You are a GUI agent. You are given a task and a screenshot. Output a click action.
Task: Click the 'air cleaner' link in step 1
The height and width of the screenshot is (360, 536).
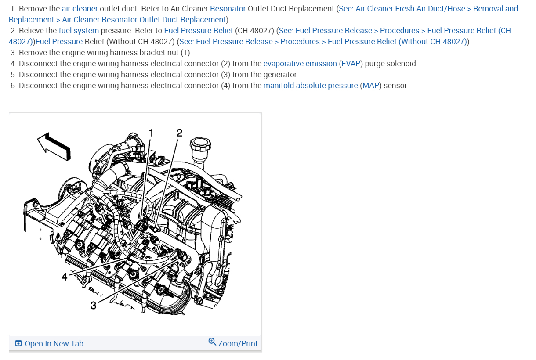[x=80, y=9]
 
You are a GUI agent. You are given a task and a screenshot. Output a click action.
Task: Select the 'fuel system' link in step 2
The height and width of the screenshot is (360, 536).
[x=79, y=31]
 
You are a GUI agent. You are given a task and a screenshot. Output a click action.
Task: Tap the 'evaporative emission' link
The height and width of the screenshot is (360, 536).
[x=300, y=64]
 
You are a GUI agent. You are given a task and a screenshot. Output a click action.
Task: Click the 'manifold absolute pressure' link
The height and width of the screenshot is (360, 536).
[x=311, y=86]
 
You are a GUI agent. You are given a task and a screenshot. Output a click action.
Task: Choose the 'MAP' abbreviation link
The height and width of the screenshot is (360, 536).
[x=370, y=86]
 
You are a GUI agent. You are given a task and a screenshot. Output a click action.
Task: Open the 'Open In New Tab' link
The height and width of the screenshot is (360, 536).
[x=54, y=344]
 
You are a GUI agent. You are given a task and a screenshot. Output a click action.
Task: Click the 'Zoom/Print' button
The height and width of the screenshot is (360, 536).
[x=238, y=344]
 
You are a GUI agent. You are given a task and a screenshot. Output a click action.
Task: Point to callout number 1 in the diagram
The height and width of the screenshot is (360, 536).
[x=151, y=132]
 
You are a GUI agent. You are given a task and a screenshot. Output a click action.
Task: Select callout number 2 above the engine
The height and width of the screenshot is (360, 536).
[x=179, y=133]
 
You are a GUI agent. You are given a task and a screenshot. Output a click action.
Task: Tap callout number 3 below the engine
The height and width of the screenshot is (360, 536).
[x=93, y=305]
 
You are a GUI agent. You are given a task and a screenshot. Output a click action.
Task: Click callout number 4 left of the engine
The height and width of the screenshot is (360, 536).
[x=65, y=277]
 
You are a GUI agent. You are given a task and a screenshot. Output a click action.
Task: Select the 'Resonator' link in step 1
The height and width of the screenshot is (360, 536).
[x=228, y=9]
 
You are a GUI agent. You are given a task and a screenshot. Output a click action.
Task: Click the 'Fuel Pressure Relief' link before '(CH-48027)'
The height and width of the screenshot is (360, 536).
[x=199, y=31]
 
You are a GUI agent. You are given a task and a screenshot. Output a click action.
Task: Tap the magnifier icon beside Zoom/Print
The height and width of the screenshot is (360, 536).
[x=212, y=342]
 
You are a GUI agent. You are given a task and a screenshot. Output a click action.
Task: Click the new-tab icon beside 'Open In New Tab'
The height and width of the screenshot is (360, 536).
[x=18, y=344]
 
